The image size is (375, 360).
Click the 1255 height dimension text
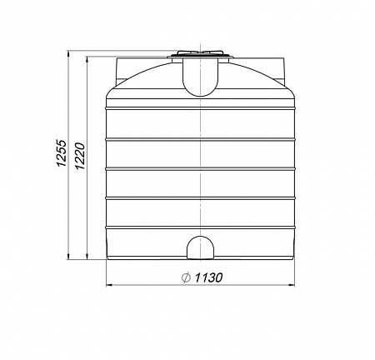click(61, 153)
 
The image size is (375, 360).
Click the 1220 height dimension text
click(80, 156)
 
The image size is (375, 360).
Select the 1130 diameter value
click(208, 277)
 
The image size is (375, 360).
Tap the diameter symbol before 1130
click(186, 277)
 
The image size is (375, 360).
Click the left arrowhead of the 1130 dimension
click(109, 285)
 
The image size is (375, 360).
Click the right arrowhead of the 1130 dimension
click(292, 285)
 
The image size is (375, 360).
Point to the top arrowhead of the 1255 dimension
click(68, 53)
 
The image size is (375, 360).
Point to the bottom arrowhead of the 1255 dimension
click(68, 257)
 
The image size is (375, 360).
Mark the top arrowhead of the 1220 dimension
click(87, 60)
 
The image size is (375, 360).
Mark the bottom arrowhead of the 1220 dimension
click(87, 257)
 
